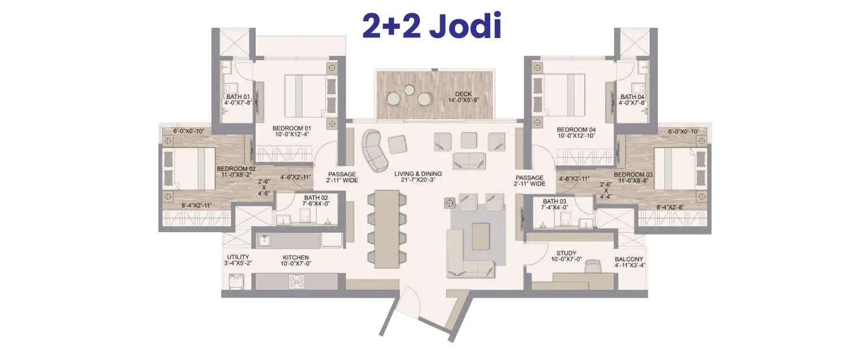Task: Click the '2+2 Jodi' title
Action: pyautogui.click(x=431, y=27)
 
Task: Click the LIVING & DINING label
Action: pyautogui.click(x=418, y=174)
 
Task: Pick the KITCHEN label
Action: pyautogui.click(x=295, y=257)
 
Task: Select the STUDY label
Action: pyautogui.click(x=567, y=253)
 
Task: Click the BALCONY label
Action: pyautogui.click(x=629, y=259)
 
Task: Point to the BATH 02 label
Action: pyautogui.click(x=316, y=196)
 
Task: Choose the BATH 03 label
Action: pyautogui.click(x=554, y=201)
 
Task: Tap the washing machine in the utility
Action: pyautogui.click(x=237, y=281)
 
